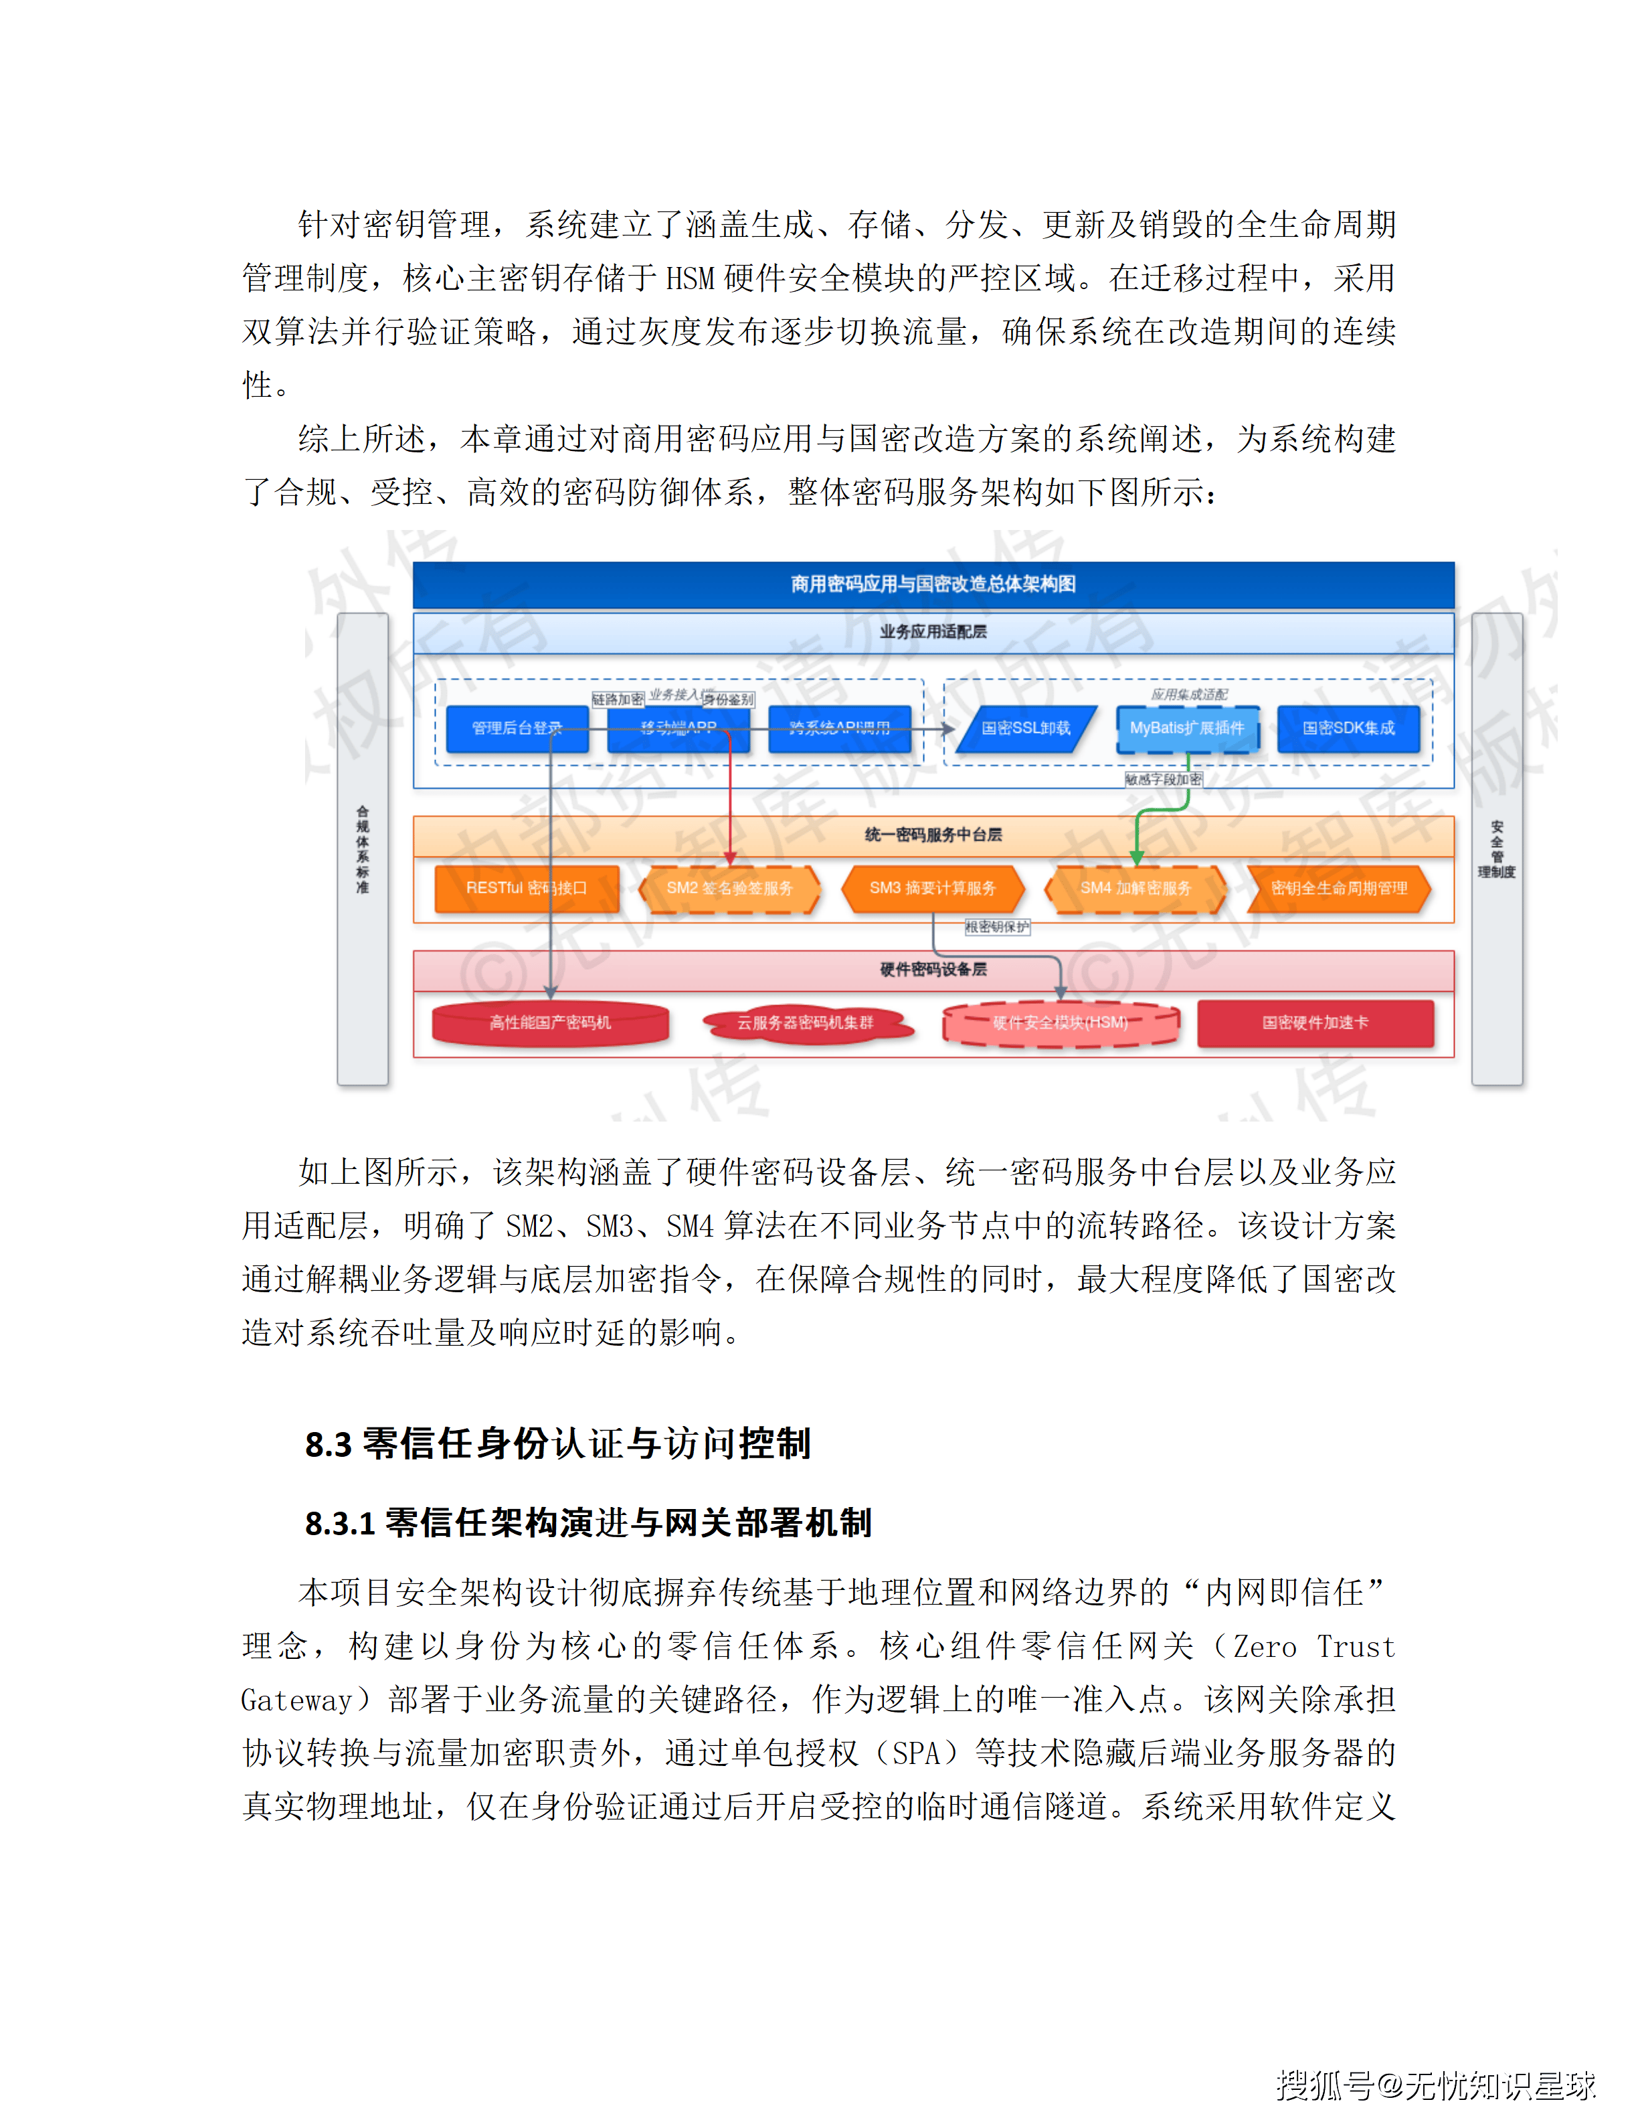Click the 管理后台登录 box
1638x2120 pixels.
tap(517, 729)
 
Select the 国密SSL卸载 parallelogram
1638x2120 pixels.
tap(1026, 729)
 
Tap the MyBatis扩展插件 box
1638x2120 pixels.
tap(1187, 729)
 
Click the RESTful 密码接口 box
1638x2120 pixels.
tap(526, 888)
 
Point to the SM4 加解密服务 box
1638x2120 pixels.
tap(1135, 888)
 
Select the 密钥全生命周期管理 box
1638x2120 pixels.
tap(1339, 888)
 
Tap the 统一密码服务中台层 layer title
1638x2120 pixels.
tap(933, 834)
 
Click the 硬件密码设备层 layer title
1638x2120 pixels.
tap(933, 970)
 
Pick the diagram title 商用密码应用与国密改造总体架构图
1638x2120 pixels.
tap(933, 584)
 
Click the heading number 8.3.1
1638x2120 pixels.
tap(340, 1524)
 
